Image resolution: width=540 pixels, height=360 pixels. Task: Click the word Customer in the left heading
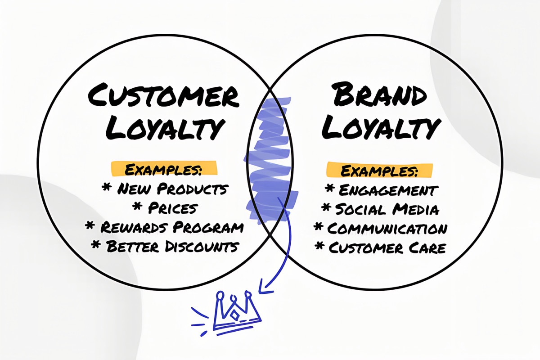(163, 95)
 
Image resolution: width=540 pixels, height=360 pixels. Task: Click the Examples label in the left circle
(164, 169)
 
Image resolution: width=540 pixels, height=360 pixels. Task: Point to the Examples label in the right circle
(379, 171)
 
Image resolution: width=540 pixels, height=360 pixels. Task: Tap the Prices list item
(173, 208)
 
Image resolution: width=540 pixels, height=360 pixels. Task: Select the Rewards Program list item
(172, 227)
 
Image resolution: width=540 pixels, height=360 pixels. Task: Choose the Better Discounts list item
(173, 247)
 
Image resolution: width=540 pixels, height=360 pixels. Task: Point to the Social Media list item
(387, 209)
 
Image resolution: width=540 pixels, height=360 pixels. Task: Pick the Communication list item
(387, 228)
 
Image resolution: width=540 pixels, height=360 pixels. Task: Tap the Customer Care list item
(387, 247)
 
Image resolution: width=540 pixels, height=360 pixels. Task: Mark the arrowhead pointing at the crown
(265, 288)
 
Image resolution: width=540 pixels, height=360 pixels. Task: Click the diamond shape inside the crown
(234, 315)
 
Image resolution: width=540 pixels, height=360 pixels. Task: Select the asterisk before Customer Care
(319, 246)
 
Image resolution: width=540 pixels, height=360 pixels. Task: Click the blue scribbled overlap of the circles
(270, 159)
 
